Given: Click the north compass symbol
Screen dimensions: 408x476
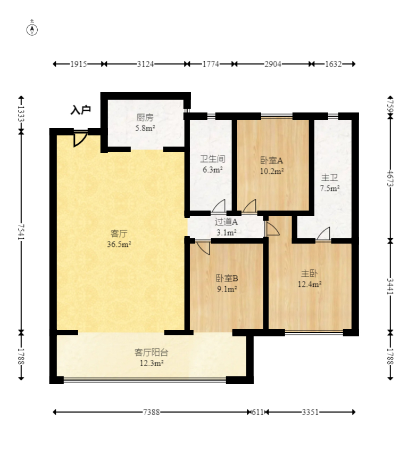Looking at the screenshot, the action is [32, 29].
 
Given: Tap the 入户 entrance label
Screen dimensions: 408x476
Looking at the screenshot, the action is [81, 110].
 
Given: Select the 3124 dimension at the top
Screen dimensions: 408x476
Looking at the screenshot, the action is [145, 64].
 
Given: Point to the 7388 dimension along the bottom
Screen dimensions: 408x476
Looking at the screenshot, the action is [152, 412].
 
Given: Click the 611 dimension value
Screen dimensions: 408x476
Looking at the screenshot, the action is [258, 412].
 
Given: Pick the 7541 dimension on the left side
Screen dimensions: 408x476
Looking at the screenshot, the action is [21, 232].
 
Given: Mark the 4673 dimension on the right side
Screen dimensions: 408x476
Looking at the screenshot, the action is [390, 179].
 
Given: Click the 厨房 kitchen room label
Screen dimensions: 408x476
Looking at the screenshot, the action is [145, 117].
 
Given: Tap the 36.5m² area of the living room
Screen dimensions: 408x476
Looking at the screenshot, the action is [119, 244].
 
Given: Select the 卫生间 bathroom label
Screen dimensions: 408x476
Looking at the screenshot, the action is [213, 159].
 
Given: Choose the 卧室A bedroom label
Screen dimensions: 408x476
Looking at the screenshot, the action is [272, 160].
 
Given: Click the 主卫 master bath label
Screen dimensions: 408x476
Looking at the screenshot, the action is [330, 178].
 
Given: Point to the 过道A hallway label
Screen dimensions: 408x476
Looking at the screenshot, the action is [226, 222].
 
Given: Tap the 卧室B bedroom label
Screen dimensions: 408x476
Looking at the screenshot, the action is [227, 278].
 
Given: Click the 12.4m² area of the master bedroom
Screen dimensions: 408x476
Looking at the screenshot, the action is [310, 284].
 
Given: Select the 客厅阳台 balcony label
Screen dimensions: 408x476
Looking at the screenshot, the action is [151, 352].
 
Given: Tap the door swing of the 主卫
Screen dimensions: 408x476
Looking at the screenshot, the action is [323, 234].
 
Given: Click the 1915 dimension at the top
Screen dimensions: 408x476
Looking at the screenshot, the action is [79, 64].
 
